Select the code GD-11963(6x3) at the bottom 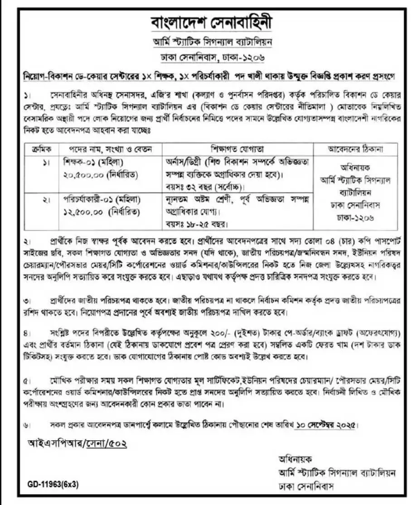pos(53,484)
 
